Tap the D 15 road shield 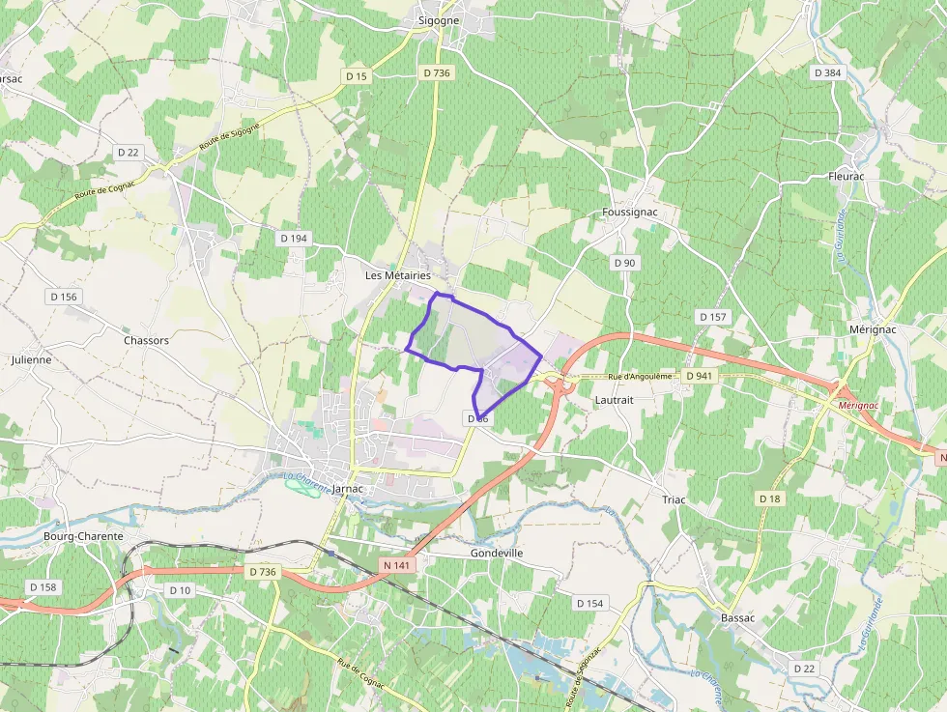[357, 75]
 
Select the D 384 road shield [828, 72]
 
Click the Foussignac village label [628, 212]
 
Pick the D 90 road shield [624, 263]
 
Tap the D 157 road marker [712, 317]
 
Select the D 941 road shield [698, 375]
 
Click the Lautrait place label [615, 398]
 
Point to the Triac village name [674, 499]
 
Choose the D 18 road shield [769, 498]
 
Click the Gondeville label [497, 553]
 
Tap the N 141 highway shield [397, 565]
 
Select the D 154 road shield [589, 603]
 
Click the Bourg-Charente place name [84, 536]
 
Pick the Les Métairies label [397, 275]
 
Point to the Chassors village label [146, 340]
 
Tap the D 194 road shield [293, 238]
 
